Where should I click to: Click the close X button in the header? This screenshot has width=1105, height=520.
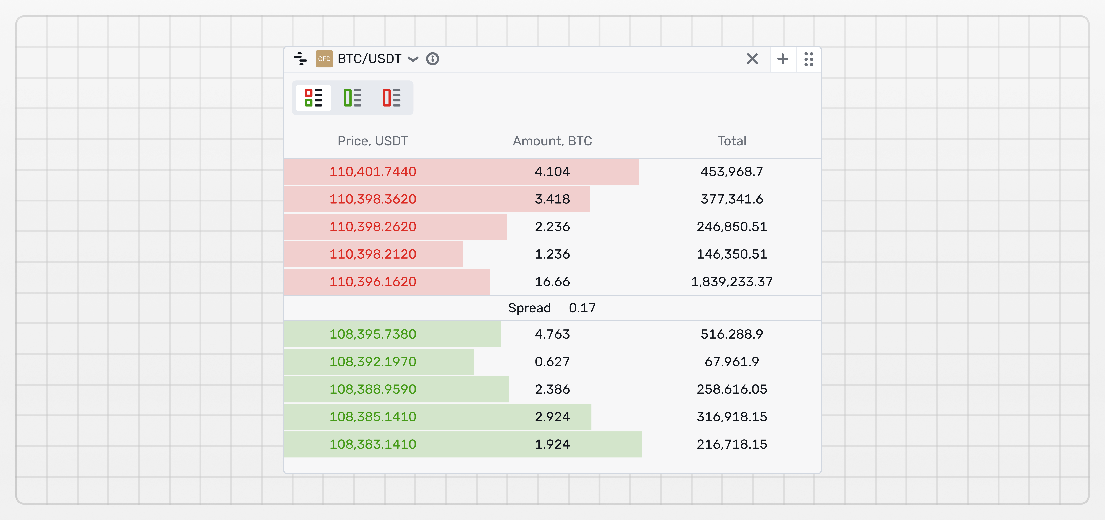pos(752,59)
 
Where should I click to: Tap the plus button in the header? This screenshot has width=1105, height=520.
pos(782,59)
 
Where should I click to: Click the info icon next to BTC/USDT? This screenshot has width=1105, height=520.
pos(432,59)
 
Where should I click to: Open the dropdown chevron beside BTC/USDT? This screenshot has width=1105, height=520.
pos(413,59)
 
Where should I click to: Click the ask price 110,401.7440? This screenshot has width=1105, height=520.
pos(372,172)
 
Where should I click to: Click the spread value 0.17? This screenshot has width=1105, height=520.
pos(582,308)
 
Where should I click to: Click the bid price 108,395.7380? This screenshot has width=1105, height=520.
pos(372,334)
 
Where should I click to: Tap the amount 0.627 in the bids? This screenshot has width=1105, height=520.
pos(552,362)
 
